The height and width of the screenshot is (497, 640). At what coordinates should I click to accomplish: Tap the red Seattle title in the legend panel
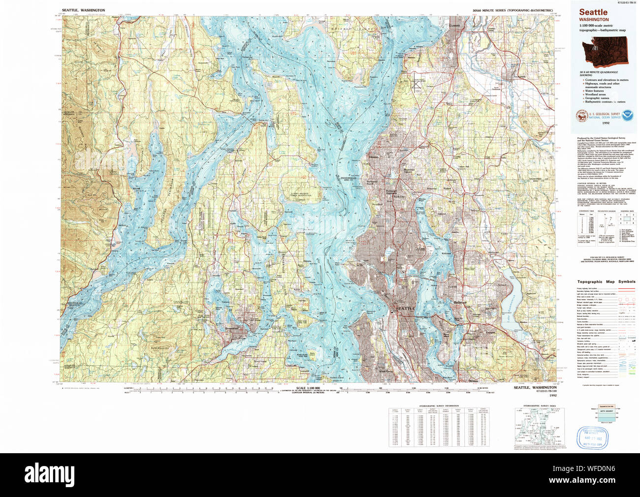(593, 12)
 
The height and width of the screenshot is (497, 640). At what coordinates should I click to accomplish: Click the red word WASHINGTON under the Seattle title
(594, 20)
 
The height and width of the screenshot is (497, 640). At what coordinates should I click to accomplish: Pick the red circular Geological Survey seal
(582, 116)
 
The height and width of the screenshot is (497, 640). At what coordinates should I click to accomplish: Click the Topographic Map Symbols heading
(606, 282)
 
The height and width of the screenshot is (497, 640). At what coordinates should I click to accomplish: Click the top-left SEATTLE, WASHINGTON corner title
(84, 10)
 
